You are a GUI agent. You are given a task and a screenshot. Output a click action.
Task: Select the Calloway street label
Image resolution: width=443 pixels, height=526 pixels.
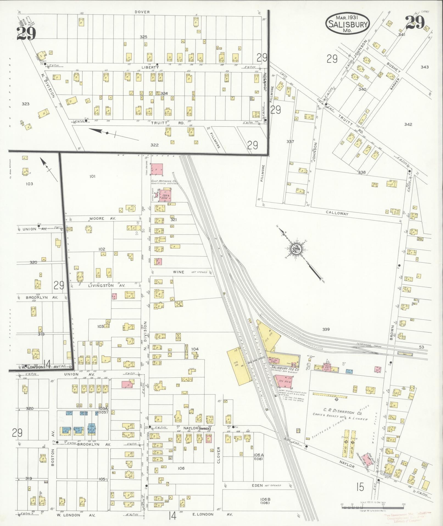coord(337,213)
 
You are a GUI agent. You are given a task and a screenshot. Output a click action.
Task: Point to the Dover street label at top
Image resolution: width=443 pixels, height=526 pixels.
coord(142,12)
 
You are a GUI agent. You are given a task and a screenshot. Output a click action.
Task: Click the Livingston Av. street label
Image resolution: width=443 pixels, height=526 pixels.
coord(107,286)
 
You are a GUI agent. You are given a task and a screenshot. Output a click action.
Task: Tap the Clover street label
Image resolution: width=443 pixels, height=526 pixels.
coord(219,455)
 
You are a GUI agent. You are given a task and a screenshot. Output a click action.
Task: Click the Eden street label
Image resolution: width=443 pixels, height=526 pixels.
coord(257,486)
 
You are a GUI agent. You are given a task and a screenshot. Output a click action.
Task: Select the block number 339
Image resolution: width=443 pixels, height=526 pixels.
coord(326,329)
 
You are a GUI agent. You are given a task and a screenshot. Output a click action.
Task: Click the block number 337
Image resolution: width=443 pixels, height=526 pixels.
coord(290,142)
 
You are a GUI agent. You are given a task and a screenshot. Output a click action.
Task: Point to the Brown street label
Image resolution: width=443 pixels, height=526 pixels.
coord(392,332)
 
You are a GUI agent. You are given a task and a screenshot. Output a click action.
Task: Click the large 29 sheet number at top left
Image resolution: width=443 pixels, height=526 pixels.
coord(26,34)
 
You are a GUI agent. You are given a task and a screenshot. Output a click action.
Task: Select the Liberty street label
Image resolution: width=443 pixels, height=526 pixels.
coord(150,67)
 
